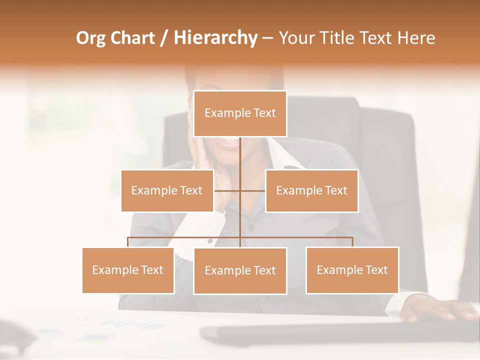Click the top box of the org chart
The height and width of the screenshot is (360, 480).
click(240, 113)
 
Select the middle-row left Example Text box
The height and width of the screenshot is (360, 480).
click(167, 190)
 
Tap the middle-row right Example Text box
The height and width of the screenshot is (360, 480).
click(311, 190)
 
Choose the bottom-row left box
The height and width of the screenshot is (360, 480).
click(128, 270)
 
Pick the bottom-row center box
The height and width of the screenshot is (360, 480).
click(240, 270)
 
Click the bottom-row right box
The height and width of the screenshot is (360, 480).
click(352, 270)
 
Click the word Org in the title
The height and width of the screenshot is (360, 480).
click(90, 38)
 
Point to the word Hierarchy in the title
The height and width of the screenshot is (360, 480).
click(215, 38)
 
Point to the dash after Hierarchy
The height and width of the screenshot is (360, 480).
click(267, 38)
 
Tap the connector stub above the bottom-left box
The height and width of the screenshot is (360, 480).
click(128, 242)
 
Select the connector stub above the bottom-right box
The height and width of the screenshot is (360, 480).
click(352, 242)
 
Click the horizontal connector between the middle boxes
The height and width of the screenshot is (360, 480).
click(240, 190)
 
